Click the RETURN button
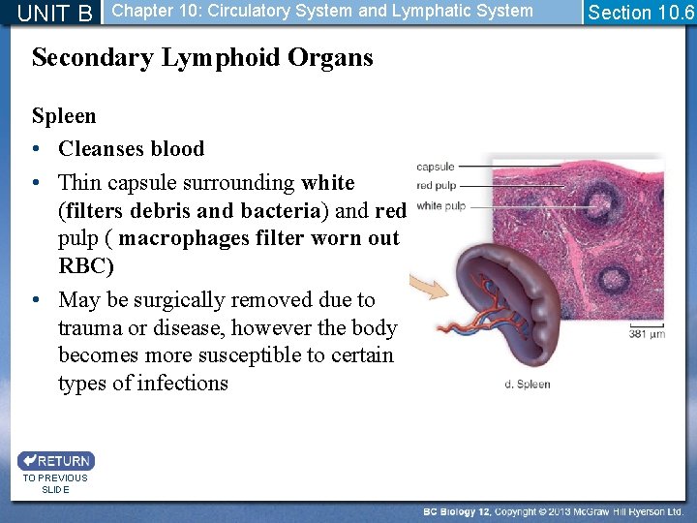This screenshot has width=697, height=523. click(55, 461)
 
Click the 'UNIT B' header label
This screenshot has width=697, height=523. click(55, 13)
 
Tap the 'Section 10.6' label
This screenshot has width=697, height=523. click(641, 13)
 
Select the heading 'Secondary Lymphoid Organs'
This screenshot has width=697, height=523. click(202, 58)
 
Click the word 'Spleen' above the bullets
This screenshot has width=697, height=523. click(64, 116)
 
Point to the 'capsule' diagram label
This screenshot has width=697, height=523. click(435, 167)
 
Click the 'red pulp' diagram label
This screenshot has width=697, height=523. click(437, 186)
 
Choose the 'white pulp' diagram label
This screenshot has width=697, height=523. click(440, 205)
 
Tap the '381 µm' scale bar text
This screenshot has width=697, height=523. click(646, 334)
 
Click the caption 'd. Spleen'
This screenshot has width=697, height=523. click(528, 385)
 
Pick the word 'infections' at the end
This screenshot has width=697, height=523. click(182, 384)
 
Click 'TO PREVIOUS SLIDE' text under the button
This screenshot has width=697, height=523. click(55, 483)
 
